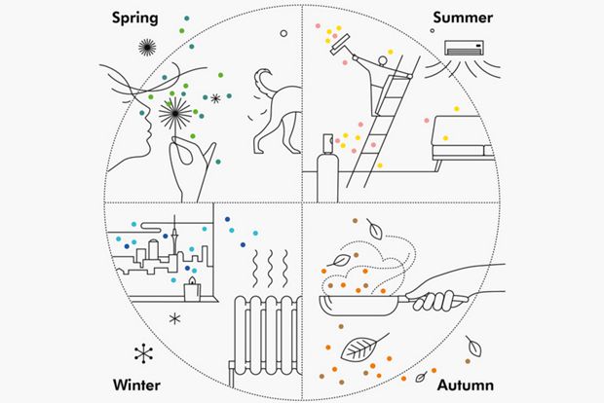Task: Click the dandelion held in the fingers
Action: pos(178,113)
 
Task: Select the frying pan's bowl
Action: pos(360,311)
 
